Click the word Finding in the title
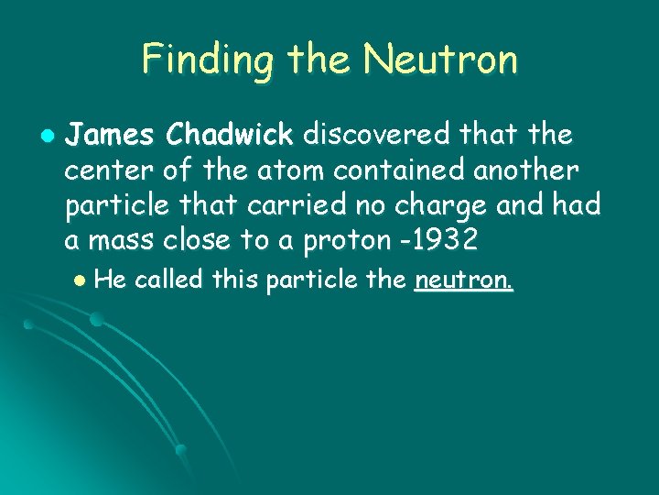click(208, 60)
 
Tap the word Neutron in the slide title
click(440, 60)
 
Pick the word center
click(103, 170)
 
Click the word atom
click(265, 170)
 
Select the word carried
click(279, 205)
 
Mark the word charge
click(433, 207)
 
